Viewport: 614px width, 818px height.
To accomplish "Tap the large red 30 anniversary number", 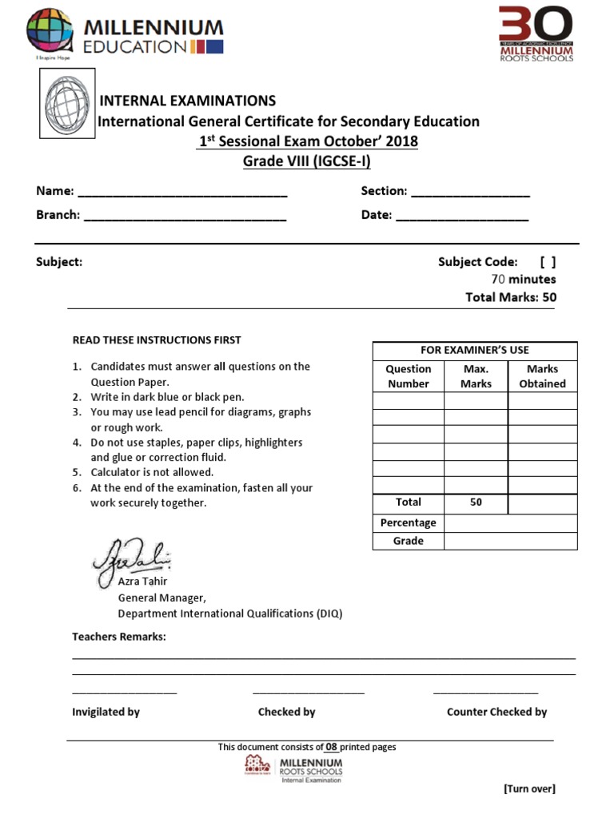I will (535, 25).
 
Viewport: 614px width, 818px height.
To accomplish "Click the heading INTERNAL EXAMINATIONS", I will (187, 101).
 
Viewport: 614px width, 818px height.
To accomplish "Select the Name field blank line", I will (182, 193).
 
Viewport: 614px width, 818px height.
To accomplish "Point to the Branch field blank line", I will (185, 216).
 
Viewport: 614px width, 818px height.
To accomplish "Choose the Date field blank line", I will (461, 216).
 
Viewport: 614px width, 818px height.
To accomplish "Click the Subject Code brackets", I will (548, 262).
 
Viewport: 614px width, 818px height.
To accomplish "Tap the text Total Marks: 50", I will (511, 297).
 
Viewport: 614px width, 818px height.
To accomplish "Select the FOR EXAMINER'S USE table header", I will (475, 351).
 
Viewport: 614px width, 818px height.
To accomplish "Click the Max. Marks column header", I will (476, 376).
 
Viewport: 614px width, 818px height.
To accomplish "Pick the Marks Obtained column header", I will (542, 376).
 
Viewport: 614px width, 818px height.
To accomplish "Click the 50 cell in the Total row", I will (476, 502).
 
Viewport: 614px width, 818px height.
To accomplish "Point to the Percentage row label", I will (408, 523).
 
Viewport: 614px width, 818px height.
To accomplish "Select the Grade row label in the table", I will (408, 542).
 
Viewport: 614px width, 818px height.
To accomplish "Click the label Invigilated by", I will (106, 712).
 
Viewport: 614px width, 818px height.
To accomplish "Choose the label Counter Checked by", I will (496, 712).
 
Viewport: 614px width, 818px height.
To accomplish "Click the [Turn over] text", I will (528, 789).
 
